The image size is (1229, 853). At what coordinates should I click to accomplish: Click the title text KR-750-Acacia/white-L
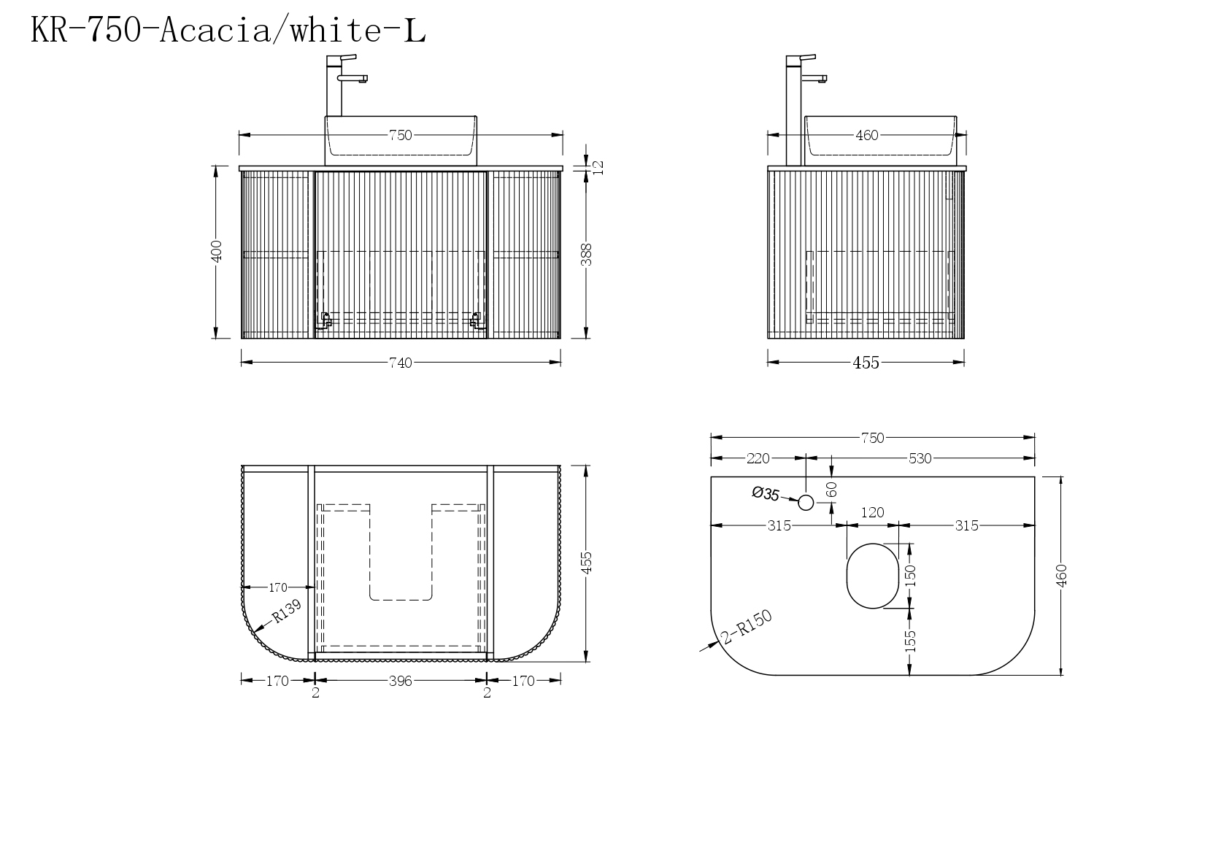(x=228, y=30)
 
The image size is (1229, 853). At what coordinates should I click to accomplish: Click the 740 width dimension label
(x=401, y=363)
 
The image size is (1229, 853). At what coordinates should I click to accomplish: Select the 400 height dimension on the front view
(x=217, y=251)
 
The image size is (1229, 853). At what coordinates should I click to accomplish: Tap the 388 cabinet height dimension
(x=587, y=255)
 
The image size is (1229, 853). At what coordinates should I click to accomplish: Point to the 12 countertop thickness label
(x=598, y=167)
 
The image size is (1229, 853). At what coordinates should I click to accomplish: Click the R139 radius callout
(x=287, y=611)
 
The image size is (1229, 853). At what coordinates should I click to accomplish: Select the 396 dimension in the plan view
(x=401, y=681)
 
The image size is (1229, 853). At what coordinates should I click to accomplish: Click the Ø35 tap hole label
(x=766, y=494)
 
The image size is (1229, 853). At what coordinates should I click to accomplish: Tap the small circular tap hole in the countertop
(x=806, y=502)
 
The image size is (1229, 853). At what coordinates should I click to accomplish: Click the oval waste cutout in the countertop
(x=872, y=576)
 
